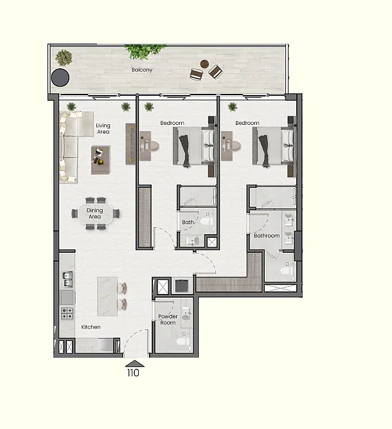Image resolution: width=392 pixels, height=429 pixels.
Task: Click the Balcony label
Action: coord(142,69)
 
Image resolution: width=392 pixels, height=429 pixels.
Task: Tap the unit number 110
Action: coord(133,372)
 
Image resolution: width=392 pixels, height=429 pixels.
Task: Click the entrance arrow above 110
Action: coord(135,363)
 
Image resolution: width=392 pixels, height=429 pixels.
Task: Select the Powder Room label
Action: coord(168,320)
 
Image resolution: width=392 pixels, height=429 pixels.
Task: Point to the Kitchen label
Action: coord(91,327)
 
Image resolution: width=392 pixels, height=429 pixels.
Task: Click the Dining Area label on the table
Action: coord(94,214)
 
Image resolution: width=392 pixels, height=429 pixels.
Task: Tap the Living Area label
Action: coord(103,129)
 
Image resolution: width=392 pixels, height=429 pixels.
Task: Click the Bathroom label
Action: coord(267,235)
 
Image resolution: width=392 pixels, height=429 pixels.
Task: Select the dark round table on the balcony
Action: coord(60,78)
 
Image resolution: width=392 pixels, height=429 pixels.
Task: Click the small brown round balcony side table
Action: coord(204,64)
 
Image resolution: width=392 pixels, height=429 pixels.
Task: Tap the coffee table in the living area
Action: coord(101,160)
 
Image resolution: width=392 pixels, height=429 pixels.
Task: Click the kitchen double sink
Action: coord(67,279)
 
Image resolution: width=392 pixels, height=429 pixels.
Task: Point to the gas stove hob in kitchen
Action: coord(67,313)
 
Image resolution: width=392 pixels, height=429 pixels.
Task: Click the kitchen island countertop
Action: coord(107,296)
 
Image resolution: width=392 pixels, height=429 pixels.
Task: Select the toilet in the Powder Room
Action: coord(183,341)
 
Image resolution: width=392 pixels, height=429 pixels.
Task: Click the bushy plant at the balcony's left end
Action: coord(64,58)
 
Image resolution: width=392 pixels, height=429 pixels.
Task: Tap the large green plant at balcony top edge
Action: coord(145,51)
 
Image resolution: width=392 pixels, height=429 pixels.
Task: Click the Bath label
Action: coord(188,222)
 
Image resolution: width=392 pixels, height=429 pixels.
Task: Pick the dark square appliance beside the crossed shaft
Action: coord(181,286)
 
